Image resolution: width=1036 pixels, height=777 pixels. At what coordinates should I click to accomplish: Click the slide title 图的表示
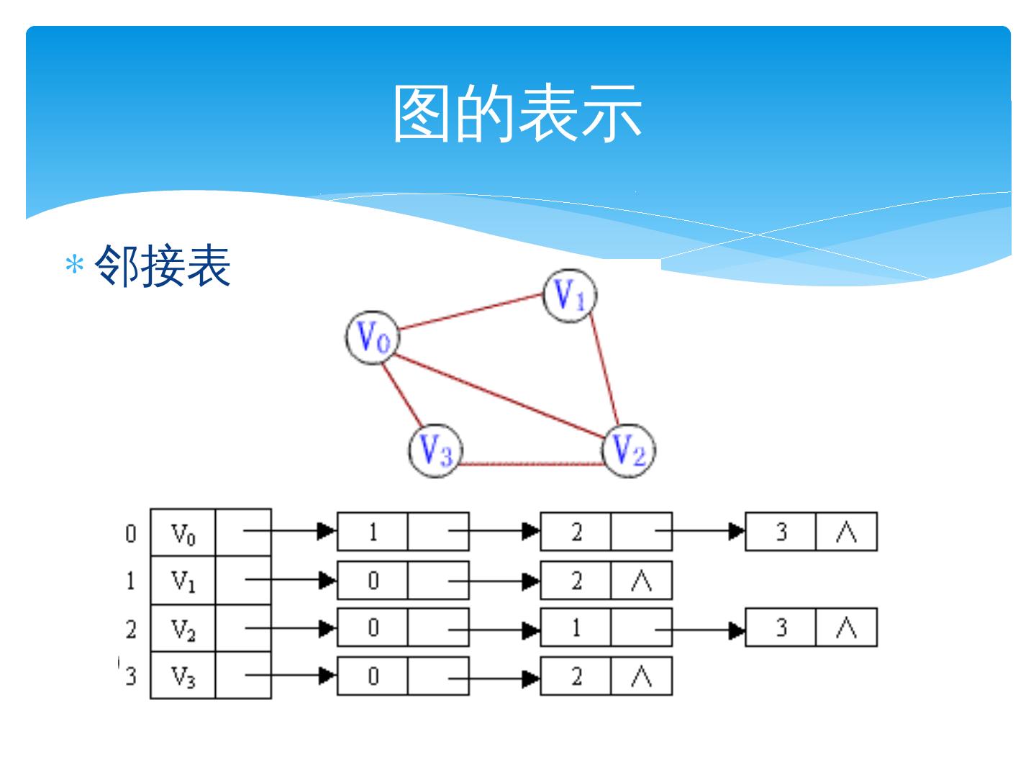click(517, 113)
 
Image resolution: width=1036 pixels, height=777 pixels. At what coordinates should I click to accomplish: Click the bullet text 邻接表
click(163, 266)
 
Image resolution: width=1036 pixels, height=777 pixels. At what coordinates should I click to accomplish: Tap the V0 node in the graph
click(372, 337)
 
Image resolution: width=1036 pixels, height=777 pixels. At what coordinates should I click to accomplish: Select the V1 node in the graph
click(569, 295)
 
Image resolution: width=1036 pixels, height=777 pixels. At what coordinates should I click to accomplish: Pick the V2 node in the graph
click(628, 451)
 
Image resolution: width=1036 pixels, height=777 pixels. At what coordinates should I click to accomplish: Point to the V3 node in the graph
click(435, 451)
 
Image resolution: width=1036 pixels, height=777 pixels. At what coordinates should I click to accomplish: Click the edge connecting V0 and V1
click(471, 312)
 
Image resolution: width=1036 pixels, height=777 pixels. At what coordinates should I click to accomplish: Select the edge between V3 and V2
click(532, 464)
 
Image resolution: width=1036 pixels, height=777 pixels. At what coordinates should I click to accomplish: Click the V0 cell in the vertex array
click(183, 533)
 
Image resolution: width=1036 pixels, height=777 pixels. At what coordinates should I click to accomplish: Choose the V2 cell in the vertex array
click(183, 630)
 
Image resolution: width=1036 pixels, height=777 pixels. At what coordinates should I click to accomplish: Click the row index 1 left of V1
click(130, 581)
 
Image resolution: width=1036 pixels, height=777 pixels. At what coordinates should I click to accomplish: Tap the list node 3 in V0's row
click(781, 532)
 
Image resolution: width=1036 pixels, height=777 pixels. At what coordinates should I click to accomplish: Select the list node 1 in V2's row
click(576, 628)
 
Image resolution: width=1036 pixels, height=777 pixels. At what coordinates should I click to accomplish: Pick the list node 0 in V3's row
click(373, 676)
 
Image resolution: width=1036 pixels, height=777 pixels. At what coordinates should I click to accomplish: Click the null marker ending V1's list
click(641, 581)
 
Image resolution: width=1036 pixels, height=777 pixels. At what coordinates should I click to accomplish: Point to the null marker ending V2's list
click(846, 628)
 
